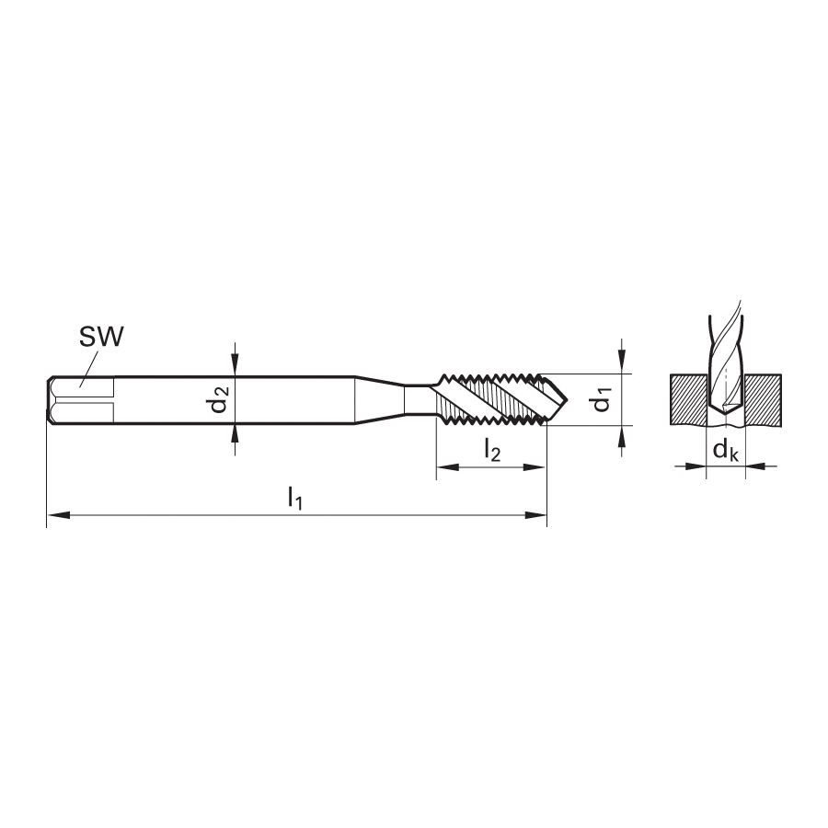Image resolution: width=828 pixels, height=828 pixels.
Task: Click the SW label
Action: [x=101, y=337]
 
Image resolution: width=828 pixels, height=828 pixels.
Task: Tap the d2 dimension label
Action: [x=220, y=399]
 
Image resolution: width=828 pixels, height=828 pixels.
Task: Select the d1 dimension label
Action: [x=603, y=399]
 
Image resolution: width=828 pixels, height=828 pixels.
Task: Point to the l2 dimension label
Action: [x=491, y=452]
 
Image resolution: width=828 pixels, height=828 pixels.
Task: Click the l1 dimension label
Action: [x=295, y=498]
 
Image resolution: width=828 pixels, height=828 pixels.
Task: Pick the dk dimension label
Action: [x=726, y=452]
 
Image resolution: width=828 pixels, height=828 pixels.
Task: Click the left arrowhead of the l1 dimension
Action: [x=58, y=515]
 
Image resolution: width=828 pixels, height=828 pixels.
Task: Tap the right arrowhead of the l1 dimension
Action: [x=535, y=515]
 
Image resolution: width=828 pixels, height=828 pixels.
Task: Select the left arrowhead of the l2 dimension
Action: [x=447, y=466]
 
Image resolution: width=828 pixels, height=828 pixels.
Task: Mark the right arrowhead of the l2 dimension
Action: [x=534, y=466]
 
